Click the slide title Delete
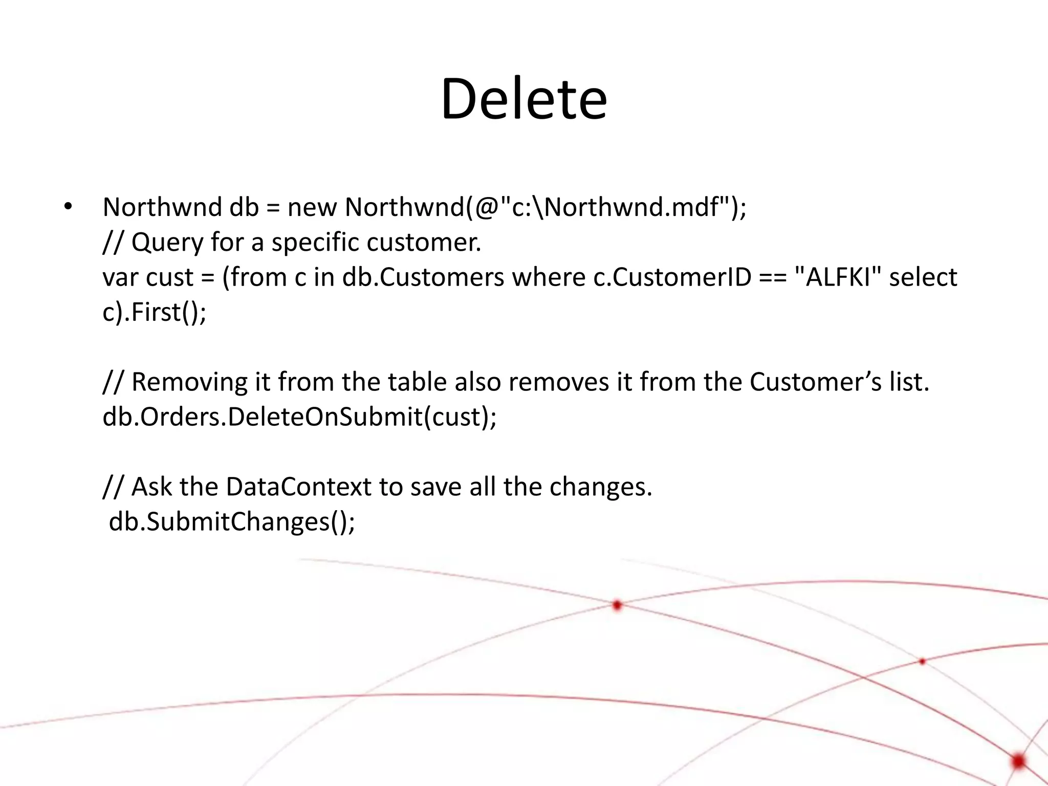pos(523,98)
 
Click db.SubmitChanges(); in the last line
pos(232,522)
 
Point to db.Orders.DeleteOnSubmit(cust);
pos(299,417)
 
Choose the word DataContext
pos(298,487)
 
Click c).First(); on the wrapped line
pos(155,312)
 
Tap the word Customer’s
pos(816,382)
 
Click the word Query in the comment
pos(167,243)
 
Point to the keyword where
pos(549,277)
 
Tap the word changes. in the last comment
pos(601,487)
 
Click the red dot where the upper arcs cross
pos(617,605)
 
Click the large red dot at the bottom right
pos(1018,761)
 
